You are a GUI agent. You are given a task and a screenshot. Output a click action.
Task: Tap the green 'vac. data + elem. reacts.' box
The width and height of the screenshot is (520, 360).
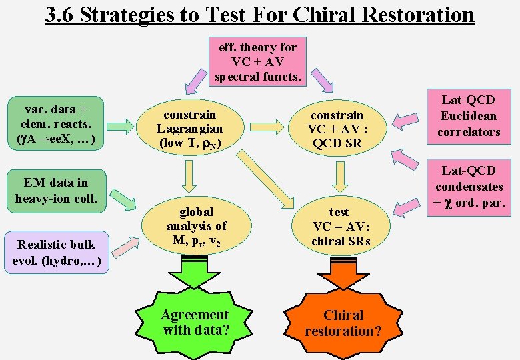point(55,123)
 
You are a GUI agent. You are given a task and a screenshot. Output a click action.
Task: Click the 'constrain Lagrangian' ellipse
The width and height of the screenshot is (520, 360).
point(189,129)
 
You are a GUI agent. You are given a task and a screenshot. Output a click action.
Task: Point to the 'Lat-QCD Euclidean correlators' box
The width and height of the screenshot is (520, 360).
point(469,116)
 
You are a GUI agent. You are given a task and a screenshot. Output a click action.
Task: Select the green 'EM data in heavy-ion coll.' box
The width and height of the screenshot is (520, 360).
point(56,191)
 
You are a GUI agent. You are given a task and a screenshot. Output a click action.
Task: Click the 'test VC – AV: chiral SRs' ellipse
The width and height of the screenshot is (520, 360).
point(340,227)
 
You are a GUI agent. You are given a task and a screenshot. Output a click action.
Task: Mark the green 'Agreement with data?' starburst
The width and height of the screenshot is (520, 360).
point(195,323)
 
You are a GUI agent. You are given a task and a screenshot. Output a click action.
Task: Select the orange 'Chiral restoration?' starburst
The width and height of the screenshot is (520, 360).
point(343,323)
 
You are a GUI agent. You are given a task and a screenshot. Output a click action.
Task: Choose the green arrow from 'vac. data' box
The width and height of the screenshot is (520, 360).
point(121,125)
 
